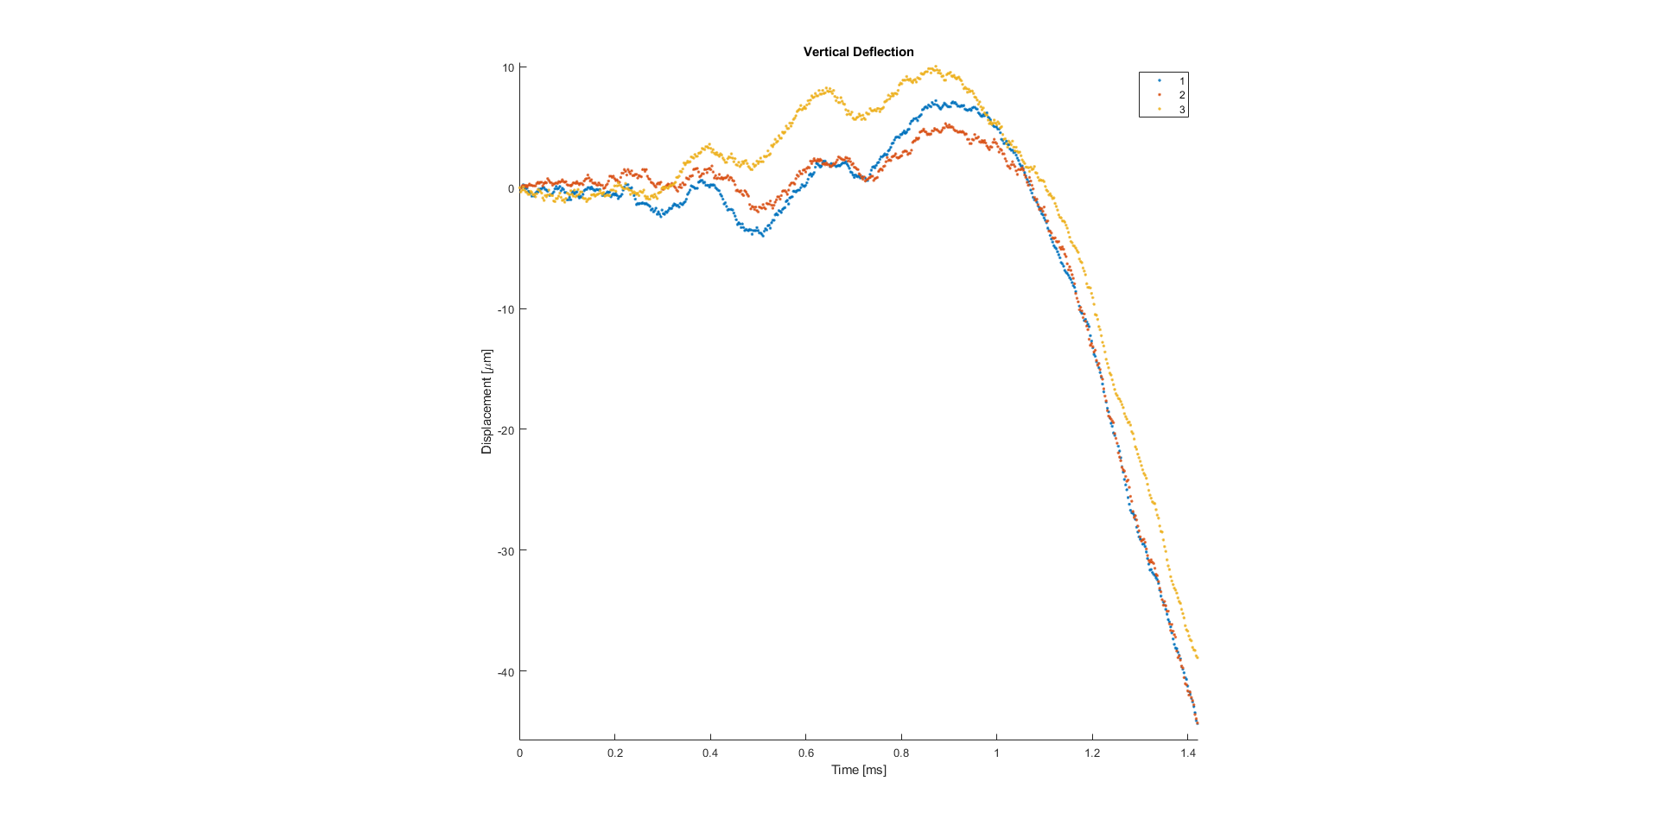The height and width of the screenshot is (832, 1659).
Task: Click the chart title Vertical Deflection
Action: (x=858, y=52)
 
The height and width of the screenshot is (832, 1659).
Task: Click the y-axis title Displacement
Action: (x=487, y=402)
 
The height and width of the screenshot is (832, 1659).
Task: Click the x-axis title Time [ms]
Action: (x=858, y=770)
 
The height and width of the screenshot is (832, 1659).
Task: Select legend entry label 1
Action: (x=1182, y=81)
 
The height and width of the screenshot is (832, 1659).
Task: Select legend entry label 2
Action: (x=1182, y=95)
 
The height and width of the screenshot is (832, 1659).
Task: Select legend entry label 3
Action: (x=1182, y=110)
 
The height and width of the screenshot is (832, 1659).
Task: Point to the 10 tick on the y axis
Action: (x=508, y=68)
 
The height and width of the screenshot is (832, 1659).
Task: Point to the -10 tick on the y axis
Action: (x=505, y=310)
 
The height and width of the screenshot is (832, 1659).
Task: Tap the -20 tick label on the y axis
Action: (x=505, y=430)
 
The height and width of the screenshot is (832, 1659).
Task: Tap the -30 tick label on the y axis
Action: (x=505, y=551)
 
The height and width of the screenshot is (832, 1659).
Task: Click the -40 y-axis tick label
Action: (x=505, y=672)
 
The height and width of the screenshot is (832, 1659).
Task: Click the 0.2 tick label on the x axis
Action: (x=615, y=753)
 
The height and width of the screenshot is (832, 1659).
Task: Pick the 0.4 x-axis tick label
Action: (x=710, y=753)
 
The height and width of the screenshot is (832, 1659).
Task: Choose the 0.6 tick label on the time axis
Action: (x=806, y=753)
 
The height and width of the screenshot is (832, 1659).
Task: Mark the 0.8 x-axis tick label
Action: (x=901, y=753)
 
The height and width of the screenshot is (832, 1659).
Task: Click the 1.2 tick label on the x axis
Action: (x=1092, y=753)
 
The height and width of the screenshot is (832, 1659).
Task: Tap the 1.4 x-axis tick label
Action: (x=1188, y=753)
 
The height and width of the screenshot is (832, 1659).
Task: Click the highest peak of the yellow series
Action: (x=934, y=67)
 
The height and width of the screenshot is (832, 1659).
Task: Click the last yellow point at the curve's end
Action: (x=1197, y=657)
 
